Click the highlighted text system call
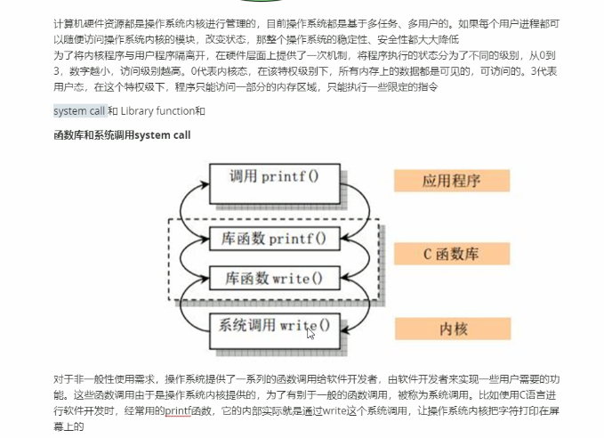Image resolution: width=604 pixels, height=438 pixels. [x=78, y=111]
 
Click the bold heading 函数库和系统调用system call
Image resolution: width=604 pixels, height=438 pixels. [x=122, y=135]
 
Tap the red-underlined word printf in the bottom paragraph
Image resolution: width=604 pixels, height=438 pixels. [x=178, y=410]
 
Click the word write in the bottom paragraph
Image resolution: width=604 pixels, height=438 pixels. [x=334, y=410]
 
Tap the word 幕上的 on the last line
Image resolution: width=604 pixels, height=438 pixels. [x=68, y=426]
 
